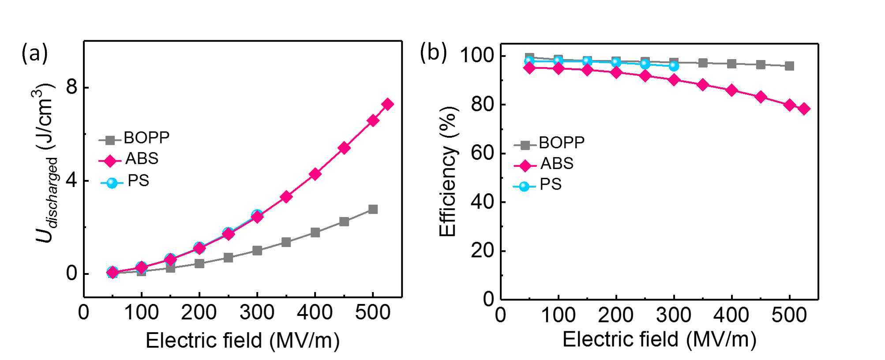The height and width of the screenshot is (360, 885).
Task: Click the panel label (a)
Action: [34, 54]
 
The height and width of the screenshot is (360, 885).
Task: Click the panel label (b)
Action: [433, 52]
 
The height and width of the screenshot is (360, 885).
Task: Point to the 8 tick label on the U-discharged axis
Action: [71, 87]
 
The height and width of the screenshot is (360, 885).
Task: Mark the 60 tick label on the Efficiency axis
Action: [483, 153]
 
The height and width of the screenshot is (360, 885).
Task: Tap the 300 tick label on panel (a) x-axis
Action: [257, 313]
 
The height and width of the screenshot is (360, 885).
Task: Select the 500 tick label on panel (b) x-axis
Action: [789, 315]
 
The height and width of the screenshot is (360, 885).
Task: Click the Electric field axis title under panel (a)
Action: [243, 341]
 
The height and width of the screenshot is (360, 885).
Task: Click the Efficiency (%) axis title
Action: [447, 171]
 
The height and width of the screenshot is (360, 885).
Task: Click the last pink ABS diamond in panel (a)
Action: [387, 105]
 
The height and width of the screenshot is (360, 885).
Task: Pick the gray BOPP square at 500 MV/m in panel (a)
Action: [373, 209]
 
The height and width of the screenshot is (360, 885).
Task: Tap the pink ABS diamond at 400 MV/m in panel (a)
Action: [315, 174]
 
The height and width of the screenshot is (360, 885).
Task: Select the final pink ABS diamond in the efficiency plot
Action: [804, 109]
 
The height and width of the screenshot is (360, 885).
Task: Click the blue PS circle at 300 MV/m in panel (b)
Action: [674, 66]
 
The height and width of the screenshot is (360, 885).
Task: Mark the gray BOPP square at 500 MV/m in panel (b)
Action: [789, 66]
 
